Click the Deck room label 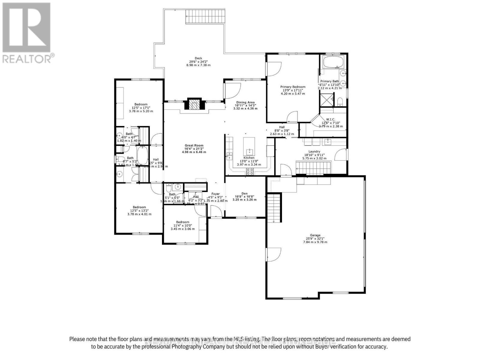coord(198,58)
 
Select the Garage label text coord(315,235)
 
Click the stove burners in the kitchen coord(250,171)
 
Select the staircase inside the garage coord(274,207)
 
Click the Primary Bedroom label coord(293,87)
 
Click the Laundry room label coord(314,151)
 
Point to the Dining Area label coord(245,102)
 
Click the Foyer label coord(215,194)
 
